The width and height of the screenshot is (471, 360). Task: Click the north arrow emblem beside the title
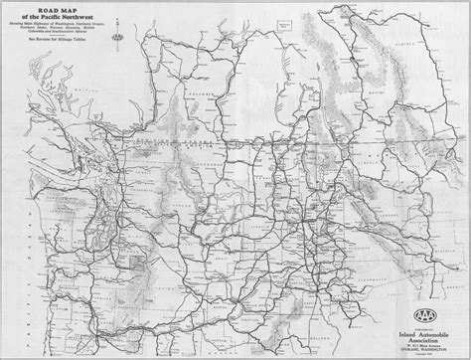(x=118, y=38)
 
